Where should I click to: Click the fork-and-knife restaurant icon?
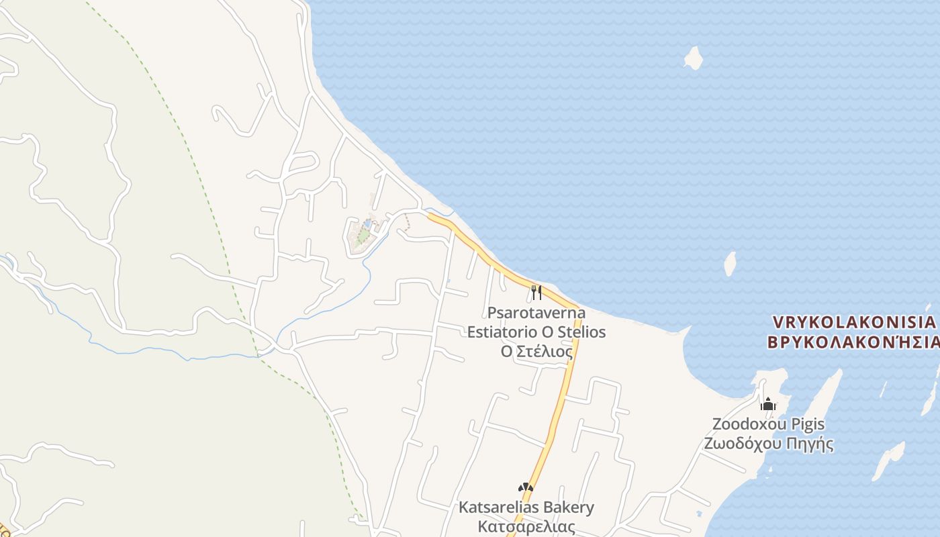click(x=536, y=292)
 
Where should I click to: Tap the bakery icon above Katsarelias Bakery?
click(x=525, y=487)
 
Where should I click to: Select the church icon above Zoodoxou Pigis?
click(x=768, y=403)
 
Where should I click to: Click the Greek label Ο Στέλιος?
click(x=536, y=351)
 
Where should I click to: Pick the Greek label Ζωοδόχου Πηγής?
click(x=768, y=444)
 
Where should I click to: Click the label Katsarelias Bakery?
click(x=526, y=507)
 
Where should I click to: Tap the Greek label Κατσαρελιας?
click(x=526, y=526)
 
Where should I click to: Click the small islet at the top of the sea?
click(x=693, y=58)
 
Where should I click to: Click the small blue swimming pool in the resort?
click(x=367, y=222)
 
